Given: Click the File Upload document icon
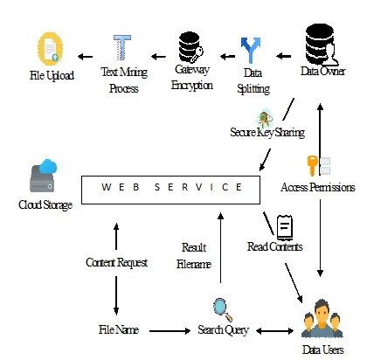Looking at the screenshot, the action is coord(50,49).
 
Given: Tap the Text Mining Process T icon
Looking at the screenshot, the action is coord(122,48).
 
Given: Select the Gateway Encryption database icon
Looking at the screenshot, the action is coord(190,47).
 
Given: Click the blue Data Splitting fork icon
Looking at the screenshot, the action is coord(251,51).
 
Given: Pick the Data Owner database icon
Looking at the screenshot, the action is coord(322,45).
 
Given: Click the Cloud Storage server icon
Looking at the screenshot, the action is coord(43,176).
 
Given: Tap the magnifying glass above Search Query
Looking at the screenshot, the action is coord(222,309).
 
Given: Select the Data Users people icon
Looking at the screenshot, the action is coord(322,319).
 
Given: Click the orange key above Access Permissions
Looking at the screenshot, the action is coord(312,165).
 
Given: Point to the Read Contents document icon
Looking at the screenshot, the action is coord(285,227).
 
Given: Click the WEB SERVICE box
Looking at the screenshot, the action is coord(170,190).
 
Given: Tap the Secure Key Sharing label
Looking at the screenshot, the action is coord(267,132).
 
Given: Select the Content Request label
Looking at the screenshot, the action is coord(116,262).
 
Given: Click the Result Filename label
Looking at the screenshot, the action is coord(194,256).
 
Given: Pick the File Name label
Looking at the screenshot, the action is coord(119,329).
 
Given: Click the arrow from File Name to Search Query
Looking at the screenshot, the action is coord(170,331).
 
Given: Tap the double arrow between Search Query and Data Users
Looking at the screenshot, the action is coord(275,331).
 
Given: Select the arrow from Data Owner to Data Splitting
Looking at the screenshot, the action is coord(283,56).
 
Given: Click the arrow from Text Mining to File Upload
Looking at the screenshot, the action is coord(85,57).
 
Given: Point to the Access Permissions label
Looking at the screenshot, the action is coord(318,187).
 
